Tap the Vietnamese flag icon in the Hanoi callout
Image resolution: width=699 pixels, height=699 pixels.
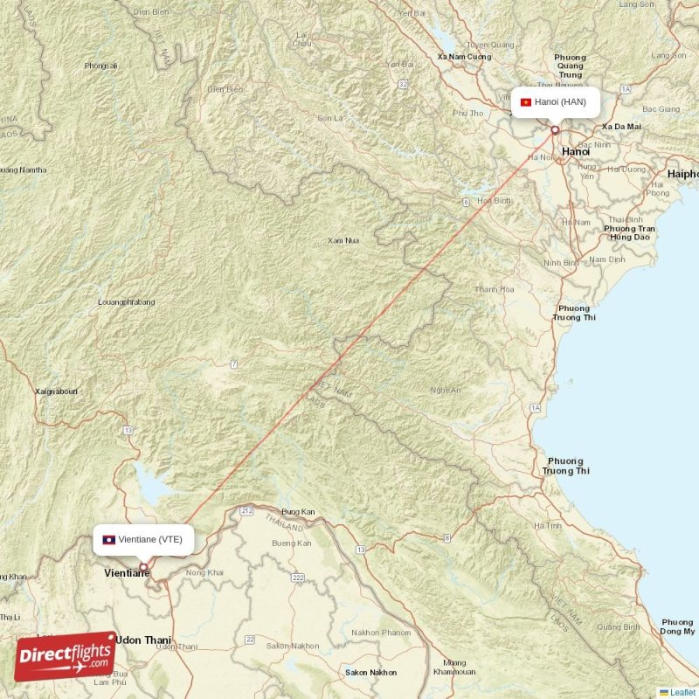pos(526,102)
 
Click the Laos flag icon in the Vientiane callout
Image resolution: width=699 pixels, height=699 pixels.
pos(109,539)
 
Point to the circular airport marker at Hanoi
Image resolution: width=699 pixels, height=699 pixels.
pos(554,130)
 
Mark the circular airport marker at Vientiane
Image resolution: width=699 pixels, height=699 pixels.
pos(143,567)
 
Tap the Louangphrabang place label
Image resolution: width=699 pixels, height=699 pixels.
pos(127,302)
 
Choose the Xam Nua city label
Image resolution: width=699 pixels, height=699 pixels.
pos(343,240)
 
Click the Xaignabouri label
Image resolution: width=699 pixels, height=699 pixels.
pos(56,391)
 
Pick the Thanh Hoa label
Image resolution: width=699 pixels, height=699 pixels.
pos(495,289)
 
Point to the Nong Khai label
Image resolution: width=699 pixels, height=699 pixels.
pos(205,572)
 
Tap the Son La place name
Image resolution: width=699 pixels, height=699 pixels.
pos(330,118)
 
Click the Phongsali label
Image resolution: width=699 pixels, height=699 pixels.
pos(101,66)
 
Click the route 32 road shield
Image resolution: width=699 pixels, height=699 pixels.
pos(403,84)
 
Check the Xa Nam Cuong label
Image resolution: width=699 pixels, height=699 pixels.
pos(464,57)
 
